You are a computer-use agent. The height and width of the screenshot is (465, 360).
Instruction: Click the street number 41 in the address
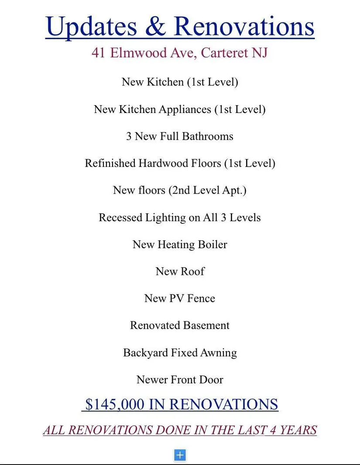[x=99, y=53]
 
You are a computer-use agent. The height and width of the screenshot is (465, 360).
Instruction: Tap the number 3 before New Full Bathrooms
[x=129, y=136]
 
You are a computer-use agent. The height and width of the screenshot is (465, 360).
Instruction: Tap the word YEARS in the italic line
[x=298, y=430]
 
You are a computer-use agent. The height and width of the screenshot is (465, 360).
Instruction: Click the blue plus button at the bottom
[x=180, y=455]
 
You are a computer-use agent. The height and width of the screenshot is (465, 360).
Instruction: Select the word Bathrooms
[x=207, y=136]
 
